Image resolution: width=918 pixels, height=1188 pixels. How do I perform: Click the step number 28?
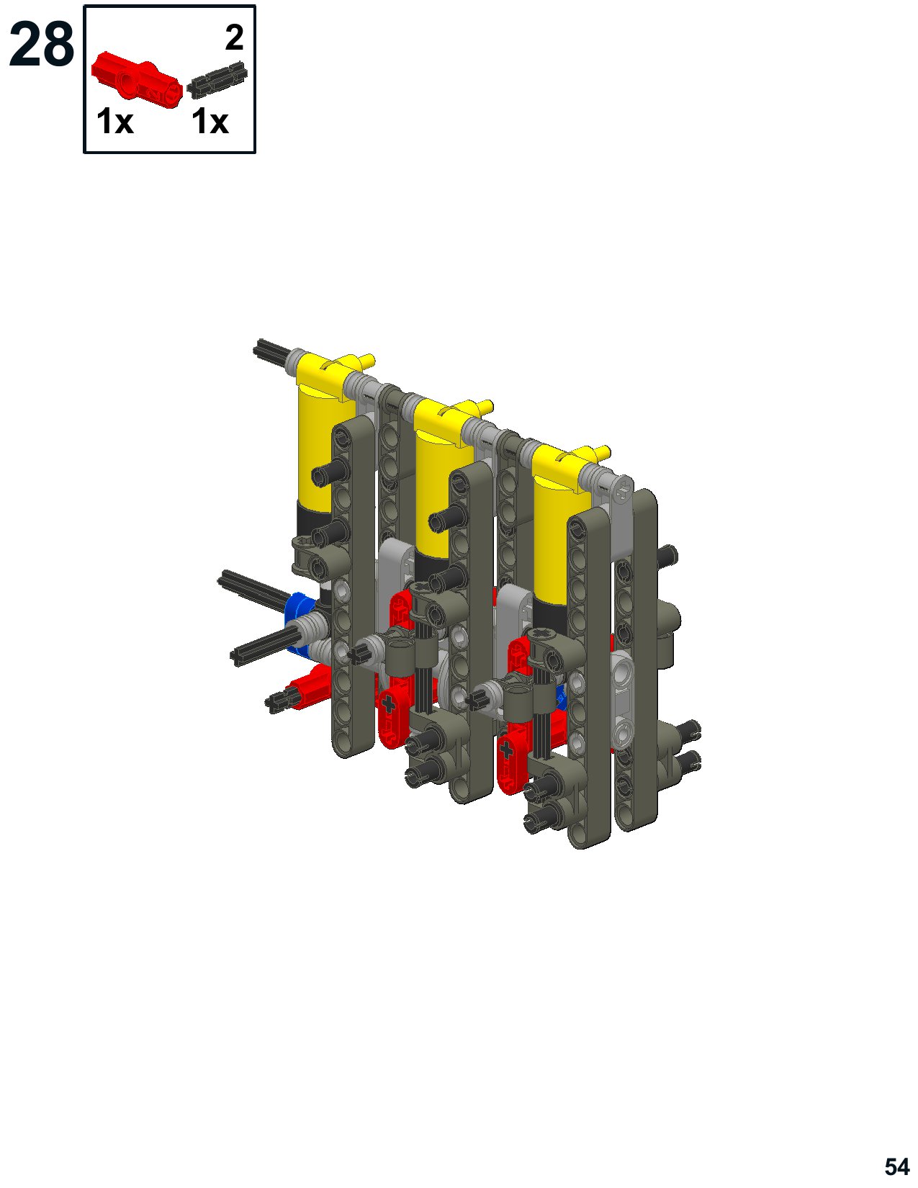click(42, 45)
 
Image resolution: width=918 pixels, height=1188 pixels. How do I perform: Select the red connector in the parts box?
click(136, 80)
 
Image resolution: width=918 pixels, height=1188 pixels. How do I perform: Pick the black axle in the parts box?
click(217, 81)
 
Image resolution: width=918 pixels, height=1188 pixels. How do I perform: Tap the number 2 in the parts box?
click(235, 37)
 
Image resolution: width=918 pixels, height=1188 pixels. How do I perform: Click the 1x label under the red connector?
click(114, 122)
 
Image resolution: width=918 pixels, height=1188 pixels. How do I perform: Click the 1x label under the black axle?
click(210, 122)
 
